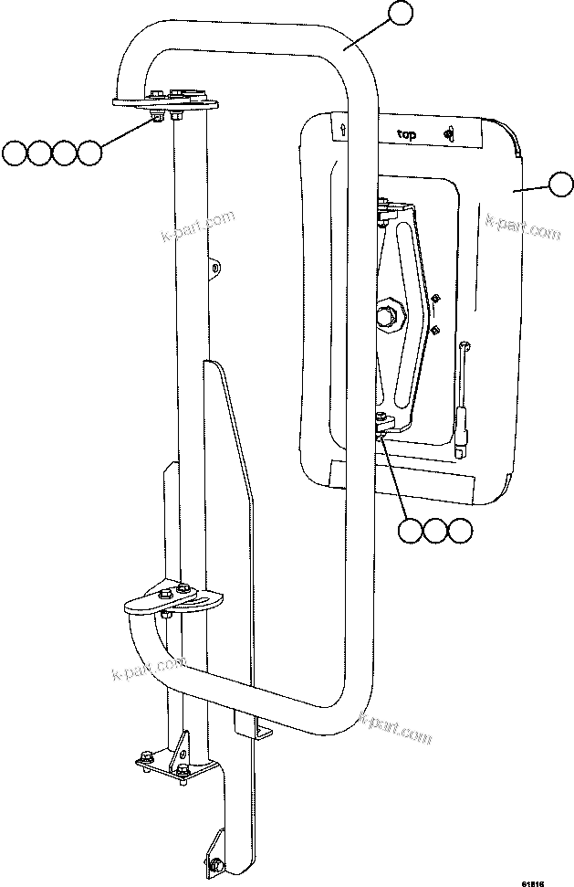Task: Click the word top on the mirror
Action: pos(406,134)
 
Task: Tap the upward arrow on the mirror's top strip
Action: pos(342,130)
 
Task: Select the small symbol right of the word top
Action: pos(448,134)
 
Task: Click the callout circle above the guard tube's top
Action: pos(401,14)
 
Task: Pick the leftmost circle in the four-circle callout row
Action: pos(14,153)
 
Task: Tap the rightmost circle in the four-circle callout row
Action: pos(89,153)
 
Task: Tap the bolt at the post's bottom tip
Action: pos(217,865)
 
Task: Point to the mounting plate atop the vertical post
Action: pos(164,100)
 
